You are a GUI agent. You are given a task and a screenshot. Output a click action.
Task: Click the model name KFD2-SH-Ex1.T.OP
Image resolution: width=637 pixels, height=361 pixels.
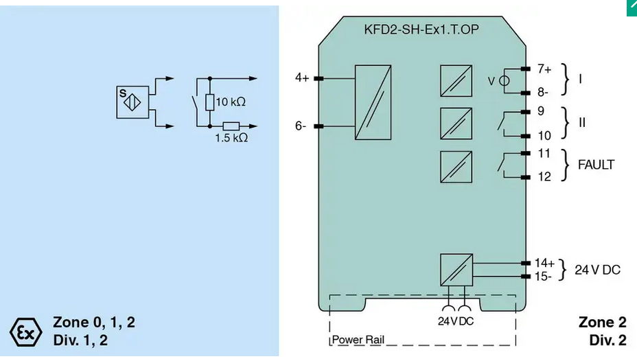(x=421, y=30)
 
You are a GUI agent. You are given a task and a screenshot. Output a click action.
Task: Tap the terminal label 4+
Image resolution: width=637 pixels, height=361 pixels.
(x=302, y=78)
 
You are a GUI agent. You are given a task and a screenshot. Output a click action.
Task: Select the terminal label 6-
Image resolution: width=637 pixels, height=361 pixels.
(x=300, y=126)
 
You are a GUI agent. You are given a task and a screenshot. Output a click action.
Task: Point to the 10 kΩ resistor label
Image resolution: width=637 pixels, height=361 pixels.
(x=231, y=102)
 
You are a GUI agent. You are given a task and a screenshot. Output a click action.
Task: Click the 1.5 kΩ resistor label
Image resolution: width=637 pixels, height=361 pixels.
(x=231, y=138)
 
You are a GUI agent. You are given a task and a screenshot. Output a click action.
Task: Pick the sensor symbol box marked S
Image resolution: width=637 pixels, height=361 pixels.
(x=132, y=102)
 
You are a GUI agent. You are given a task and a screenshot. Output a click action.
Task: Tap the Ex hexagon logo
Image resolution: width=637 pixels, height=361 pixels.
(x=25, y=332)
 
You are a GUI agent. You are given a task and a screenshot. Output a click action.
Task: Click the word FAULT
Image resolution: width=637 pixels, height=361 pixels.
(x=596, y=165)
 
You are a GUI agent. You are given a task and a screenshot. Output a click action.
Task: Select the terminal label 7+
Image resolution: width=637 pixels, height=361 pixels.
(x=544, y=69)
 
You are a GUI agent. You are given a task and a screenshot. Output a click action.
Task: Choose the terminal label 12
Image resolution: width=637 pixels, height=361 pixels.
(x=544, y=176)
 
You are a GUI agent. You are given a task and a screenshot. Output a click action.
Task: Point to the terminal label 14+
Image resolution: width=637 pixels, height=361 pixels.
(x=544, y=263)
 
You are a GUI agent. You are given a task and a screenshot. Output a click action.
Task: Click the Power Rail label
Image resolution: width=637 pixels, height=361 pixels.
(x=358, y=340)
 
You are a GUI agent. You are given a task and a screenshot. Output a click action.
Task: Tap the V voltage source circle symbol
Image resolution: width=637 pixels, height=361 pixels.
(x=504, y=81)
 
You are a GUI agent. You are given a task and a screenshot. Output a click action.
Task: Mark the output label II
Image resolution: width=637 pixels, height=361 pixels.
(x=582, y=123)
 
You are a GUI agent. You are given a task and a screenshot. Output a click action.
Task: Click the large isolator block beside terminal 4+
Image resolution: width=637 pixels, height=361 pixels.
(x=373, y=102)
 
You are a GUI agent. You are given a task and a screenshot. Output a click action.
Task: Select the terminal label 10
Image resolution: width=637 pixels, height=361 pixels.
(x=544, y=136)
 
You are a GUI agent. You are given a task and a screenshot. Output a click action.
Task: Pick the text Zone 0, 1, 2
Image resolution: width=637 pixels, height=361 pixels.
(x=94, y=323)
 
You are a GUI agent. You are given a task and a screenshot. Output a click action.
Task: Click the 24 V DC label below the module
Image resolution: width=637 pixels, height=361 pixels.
(x=456, y=321)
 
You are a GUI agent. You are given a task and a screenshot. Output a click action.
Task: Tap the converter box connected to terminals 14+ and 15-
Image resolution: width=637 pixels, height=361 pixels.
(x=456, y=270)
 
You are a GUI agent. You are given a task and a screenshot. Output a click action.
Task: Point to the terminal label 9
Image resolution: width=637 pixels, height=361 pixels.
(x=541, y=111)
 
